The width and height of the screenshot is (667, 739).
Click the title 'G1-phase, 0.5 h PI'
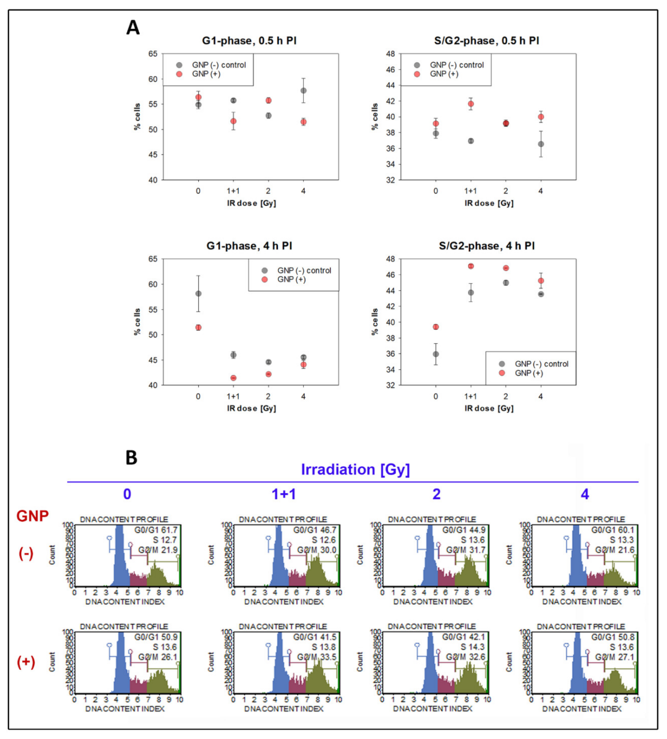[x=249, y=41]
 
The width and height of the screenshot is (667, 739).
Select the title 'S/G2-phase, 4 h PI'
[x=487, y=246]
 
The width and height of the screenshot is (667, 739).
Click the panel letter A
[x=133, y=28]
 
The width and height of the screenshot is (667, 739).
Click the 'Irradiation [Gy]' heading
[x=355, y=470]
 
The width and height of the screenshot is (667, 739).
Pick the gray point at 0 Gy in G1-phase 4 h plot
[x=198, y=293]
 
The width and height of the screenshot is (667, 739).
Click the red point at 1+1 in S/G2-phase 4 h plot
[x=471, y=266]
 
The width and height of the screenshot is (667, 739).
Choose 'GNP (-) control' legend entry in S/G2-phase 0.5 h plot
[x=457, y=65]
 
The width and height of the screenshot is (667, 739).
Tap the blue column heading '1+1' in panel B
[x=284, y=494]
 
